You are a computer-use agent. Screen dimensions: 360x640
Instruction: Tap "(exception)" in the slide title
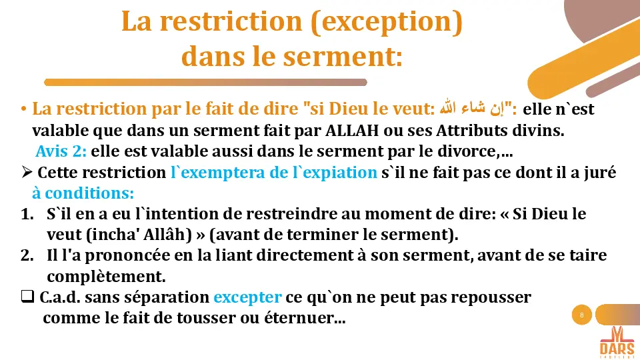pyautogui.click(x=387, y=23)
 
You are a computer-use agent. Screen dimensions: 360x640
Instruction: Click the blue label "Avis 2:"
pyautogui.click(x=61, y=151)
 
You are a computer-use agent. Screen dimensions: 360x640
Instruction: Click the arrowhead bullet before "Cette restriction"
pyautogui.click(x=27, y=173)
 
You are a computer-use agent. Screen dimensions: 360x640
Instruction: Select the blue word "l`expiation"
pyautogui.click(x=337, y=173)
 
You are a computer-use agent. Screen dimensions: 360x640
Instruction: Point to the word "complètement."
pyautogui.click(x=106, y=276)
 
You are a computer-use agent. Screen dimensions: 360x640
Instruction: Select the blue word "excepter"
pyautogui.click(x=247, y=297)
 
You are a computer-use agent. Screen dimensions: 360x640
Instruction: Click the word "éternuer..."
pyautogui.click(x=308, y=319)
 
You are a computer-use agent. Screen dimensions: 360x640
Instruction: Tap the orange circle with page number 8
pyautogui.click(x=582, y=315)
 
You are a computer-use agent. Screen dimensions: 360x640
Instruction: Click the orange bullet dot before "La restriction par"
pyautogui.click(x=24, y=109)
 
